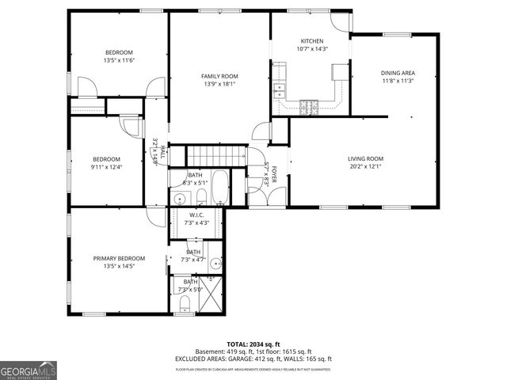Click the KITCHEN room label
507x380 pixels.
[311, 41]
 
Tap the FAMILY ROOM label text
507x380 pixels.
[219, 76]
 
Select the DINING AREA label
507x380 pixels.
[398, 73]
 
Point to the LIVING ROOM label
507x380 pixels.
[365, 158]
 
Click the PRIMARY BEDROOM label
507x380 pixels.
[119, 258]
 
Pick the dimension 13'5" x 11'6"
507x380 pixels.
[119, 60]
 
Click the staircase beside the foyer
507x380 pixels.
[217, 154]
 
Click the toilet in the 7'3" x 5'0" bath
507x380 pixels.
[184, 303]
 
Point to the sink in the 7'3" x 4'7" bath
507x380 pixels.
[215, 264]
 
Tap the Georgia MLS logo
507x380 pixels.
[29, 370]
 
